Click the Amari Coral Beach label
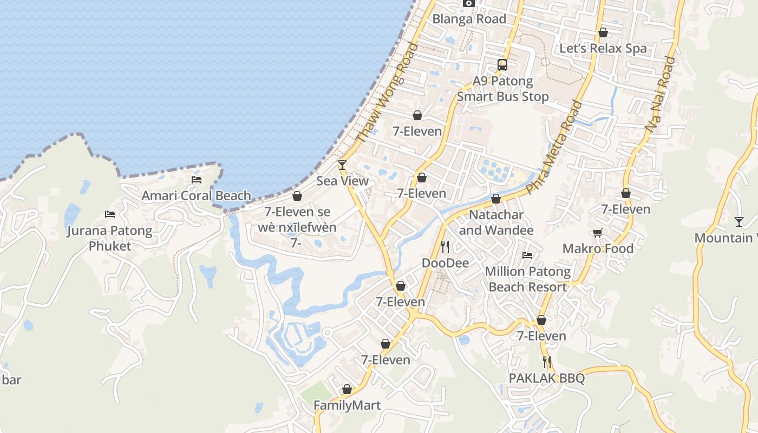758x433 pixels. click(197, 195)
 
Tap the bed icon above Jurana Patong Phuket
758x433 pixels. click(110, 214)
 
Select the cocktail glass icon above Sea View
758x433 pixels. click(342, 165)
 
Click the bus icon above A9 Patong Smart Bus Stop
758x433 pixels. click(502, 65)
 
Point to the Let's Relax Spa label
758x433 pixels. click(603, 48)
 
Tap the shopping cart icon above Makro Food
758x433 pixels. click(598, 233)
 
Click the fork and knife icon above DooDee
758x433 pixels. click(445, 247)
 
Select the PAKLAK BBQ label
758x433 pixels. click(547, 378)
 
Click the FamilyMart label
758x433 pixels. click(347, 405)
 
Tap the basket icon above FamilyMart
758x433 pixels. click(347, 389)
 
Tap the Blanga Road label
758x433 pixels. click(469, 19)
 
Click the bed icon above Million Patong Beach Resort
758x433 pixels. click(527, 255)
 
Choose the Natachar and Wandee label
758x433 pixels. click(496, 222)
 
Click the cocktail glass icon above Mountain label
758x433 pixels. click(739, 221)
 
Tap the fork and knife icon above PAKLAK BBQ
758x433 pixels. click(547, 362)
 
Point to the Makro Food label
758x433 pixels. click(598, 248)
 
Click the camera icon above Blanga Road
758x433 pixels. click(469, 3)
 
